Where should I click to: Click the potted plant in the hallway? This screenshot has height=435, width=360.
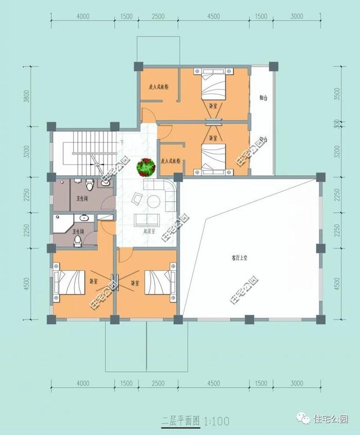click(146, 166)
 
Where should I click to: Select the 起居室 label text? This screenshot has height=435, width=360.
click(150, 231)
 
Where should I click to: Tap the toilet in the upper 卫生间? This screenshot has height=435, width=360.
click(89, 186)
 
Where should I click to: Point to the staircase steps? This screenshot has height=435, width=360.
click(90, 141)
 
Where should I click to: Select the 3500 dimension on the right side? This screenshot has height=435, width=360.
click(336, 93)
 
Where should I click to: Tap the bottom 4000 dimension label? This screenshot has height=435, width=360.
click(83, 383)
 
